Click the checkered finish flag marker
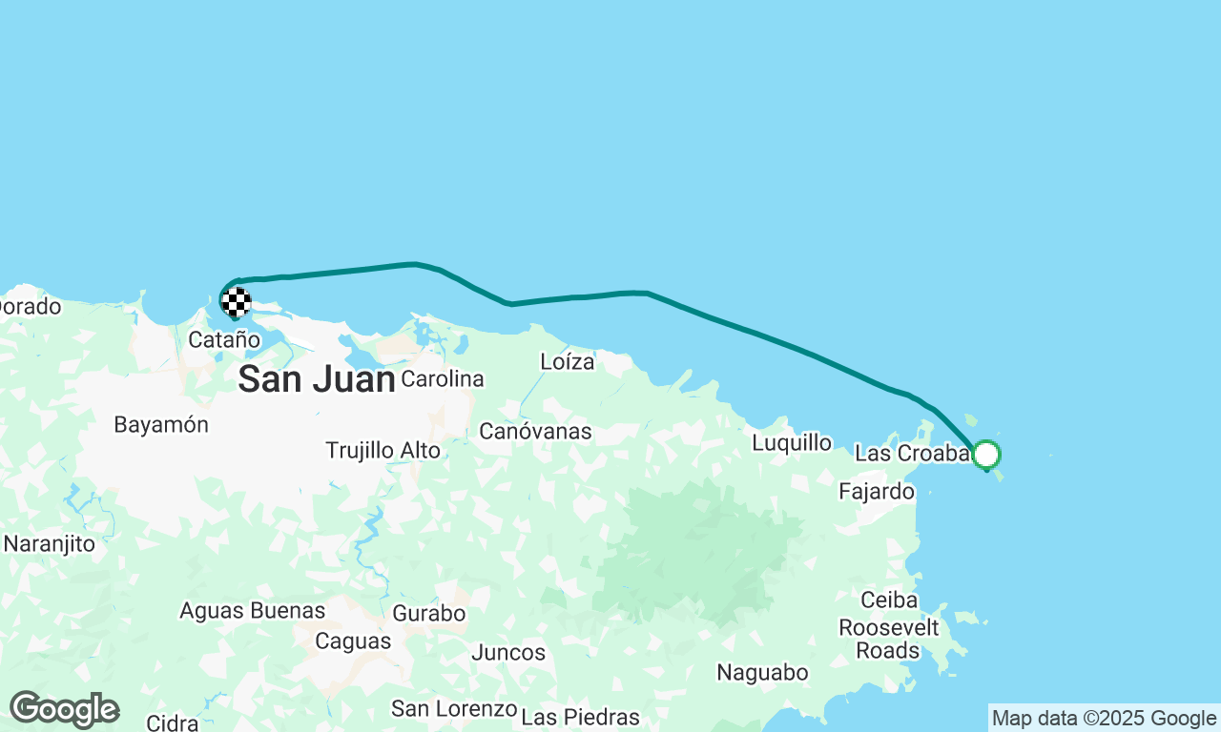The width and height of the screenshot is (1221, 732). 236,302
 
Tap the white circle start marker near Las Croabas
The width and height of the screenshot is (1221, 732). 986,455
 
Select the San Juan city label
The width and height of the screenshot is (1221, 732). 316,379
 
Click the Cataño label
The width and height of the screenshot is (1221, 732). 223,339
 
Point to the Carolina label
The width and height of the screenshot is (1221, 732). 443,379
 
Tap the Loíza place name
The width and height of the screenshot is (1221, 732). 567,362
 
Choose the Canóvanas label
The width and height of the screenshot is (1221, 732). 535,432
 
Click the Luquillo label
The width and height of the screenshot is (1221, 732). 792,443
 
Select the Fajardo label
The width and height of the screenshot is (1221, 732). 877,492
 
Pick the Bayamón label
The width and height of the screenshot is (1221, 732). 161,425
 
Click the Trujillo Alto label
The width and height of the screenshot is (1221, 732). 383,450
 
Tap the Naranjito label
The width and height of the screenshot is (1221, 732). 49,544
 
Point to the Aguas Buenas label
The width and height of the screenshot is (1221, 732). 252,610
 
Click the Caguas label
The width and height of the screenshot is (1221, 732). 352,641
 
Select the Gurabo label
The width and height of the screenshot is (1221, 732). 429,613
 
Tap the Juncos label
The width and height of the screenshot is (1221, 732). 508,653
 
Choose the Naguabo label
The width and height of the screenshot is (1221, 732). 762,673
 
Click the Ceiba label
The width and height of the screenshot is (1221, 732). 889,600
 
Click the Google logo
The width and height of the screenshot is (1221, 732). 64,710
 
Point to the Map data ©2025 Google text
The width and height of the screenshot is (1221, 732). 1104,719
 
